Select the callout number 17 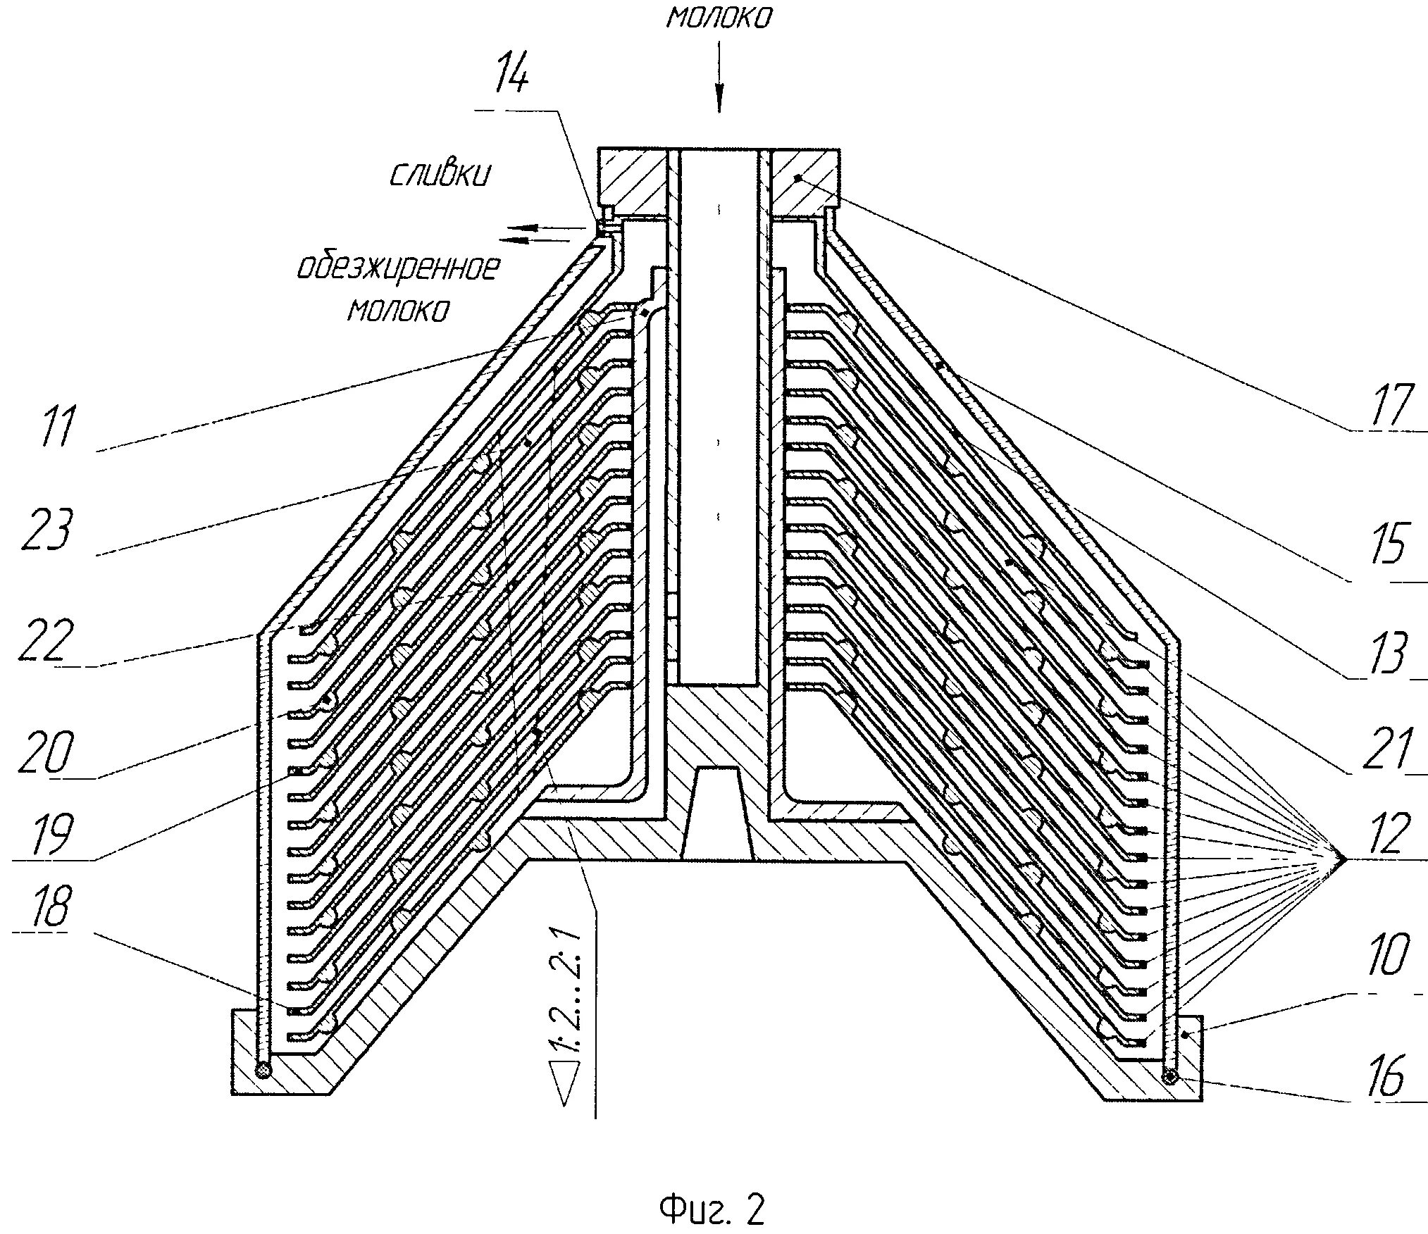point(1390,405)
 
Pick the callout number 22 point(47,640)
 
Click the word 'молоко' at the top point(719,18)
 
